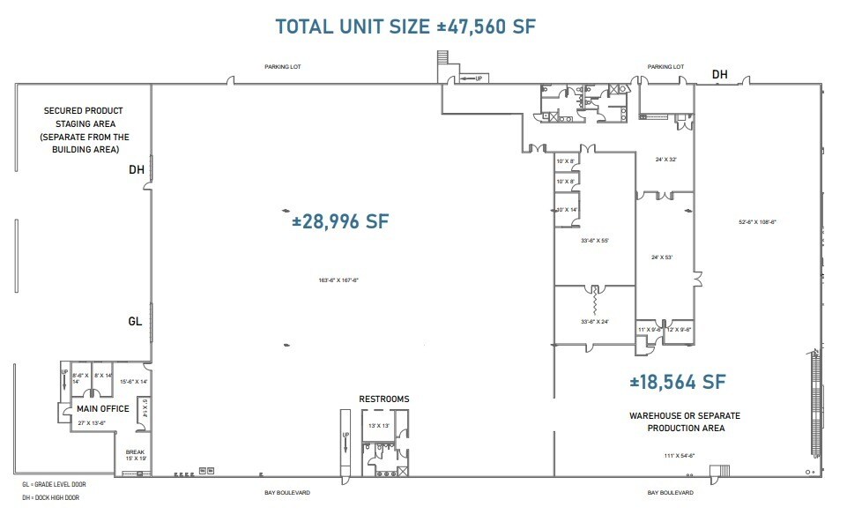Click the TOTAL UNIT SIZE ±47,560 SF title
tap(405, 26)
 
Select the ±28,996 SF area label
tap(340, 221)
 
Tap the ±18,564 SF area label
tap(677, 382)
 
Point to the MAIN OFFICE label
tap(102, 408)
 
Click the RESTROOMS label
tap(383, 399)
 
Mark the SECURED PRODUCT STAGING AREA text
tap(85, 130)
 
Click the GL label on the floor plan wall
tap(135, 322)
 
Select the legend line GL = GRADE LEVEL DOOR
tap(54, 484)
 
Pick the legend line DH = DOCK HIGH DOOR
tap(51, 497)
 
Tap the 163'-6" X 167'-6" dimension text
tap(339, 280)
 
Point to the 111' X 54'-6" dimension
tap(680, 455)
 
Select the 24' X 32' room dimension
tap(666, 160)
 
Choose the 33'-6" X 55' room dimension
tap(594, 240)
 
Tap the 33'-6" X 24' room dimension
tap(594, 321)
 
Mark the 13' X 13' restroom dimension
tap(379, 426)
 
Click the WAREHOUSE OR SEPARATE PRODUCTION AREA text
tap(684, 421)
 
